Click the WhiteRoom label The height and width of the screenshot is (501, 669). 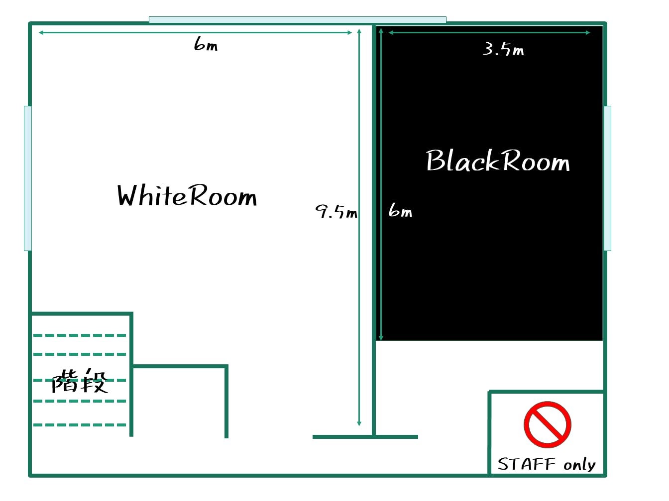pos(187,196)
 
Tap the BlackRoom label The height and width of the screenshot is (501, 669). pos(498,161)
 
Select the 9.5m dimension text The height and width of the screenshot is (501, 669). pos(336,211)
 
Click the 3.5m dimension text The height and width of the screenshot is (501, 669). pos(504,49)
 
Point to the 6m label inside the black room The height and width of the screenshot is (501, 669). pos(400,210)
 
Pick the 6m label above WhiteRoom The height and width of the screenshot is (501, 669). pos(206,44)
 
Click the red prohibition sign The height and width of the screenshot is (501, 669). pos(548,424)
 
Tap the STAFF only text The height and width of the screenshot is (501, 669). pos(547,465)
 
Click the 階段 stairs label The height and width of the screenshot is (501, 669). pos(80,381)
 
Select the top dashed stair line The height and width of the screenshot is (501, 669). pos(80,335)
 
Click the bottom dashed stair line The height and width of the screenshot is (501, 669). pos(80,425)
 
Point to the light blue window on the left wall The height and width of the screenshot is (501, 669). pos(28,178)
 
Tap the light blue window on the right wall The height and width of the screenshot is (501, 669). pos(607,178)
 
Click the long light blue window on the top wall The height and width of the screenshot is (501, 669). pos(298,20)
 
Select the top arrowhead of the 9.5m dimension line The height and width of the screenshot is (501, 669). pos(359,31)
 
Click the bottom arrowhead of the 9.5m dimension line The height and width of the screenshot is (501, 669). pos(359,424)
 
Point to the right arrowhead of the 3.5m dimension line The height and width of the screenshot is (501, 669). pos(588,32)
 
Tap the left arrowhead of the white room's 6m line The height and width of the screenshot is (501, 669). pos(41,32)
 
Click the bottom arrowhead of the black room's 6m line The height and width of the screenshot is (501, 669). pos(381,338)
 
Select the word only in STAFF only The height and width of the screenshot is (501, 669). pos(579,465)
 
